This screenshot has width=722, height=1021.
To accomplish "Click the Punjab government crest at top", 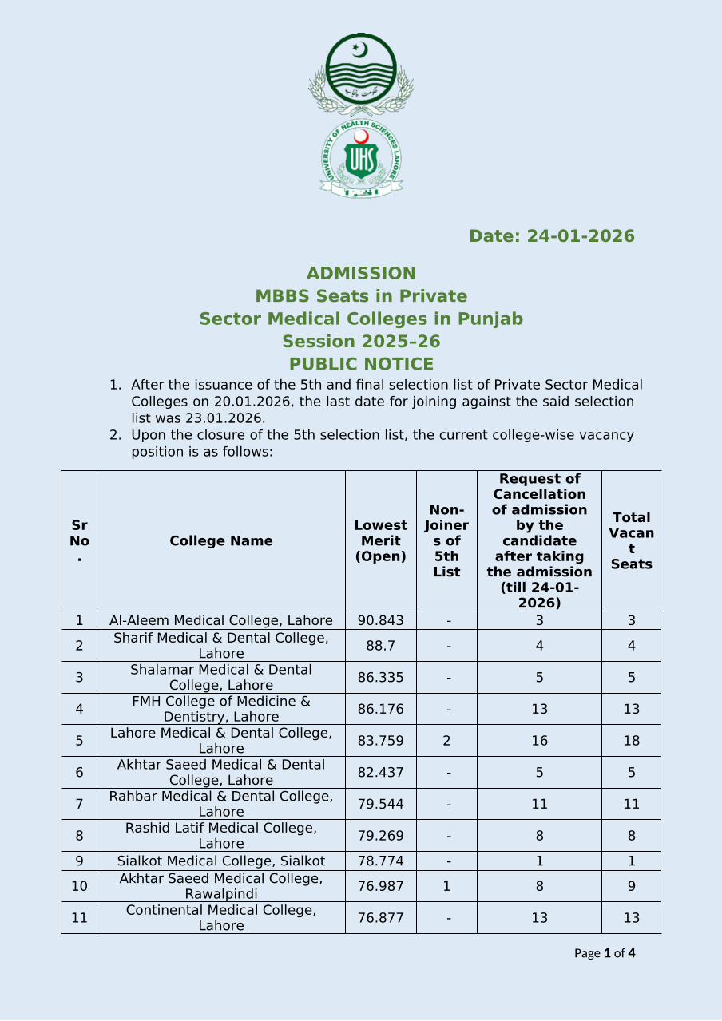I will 361,73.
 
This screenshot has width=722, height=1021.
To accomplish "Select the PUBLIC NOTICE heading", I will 361,364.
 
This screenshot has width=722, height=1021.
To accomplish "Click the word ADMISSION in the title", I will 361,274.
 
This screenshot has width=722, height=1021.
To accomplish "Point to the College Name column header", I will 221,541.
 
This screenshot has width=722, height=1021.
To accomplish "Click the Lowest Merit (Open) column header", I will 380,541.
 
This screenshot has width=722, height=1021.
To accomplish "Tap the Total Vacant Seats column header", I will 631,541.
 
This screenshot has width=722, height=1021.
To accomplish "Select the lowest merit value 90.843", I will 380,620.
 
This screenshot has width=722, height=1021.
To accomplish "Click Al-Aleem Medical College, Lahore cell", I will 221,620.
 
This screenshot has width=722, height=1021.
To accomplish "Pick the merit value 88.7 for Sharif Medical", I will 380,645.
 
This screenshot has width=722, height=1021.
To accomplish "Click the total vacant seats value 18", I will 631,741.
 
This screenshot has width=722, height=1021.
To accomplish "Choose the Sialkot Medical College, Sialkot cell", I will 221,861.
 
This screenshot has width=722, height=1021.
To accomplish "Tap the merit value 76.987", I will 380,886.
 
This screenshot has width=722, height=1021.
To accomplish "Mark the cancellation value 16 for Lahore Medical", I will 539,741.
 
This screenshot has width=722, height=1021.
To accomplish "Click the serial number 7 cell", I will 79,804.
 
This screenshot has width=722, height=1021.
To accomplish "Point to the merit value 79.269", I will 380,836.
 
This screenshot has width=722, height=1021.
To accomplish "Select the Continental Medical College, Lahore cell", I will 221,918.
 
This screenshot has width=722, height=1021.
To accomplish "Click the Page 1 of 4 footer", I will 605,953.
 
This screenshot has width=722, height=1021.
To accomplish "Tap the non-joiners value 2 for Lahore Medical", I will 446,741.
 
